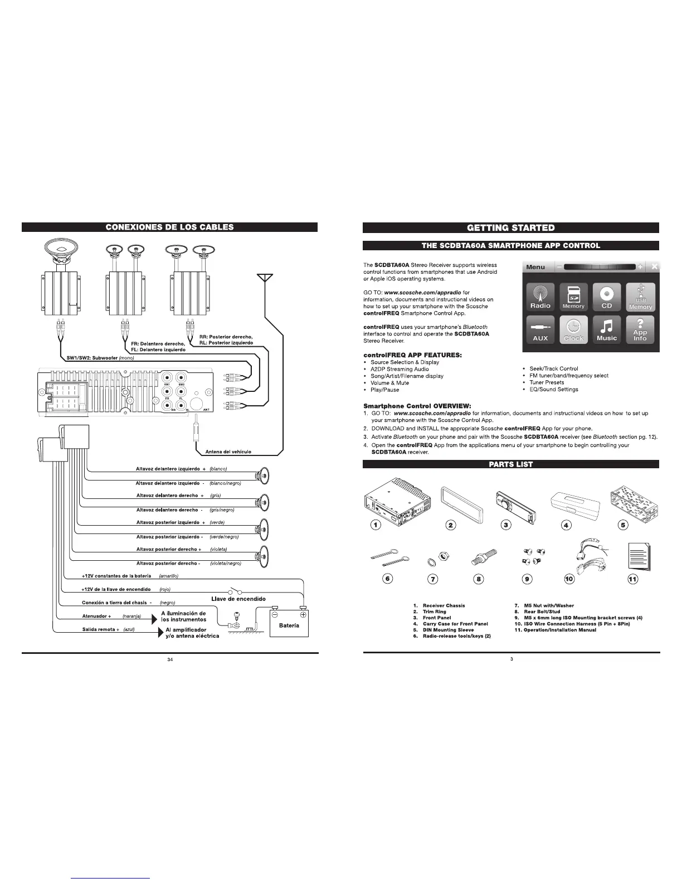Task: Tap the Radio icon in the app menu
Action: (540, 297)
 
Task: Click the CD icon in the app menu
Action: (607, 297)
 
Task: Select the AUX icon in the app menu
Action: (540, 329)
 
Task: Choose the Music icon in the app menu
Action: (607, 329)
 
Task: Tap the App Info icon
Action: (640, 329)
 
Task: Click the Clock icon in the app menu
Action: (573, 329)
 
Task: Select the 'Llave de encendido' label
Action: (238, 599)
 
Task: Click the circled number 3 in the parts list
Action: (506, 525)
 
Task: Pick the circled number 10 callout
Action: (569, 579)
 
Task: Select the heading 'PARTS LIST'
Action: (511, 464)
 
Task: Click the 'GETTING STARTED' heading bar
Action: (511, 227)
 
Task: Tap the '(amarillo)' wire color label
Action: (168, 576)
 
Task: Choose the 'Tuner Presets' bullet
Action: (547, 382)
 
